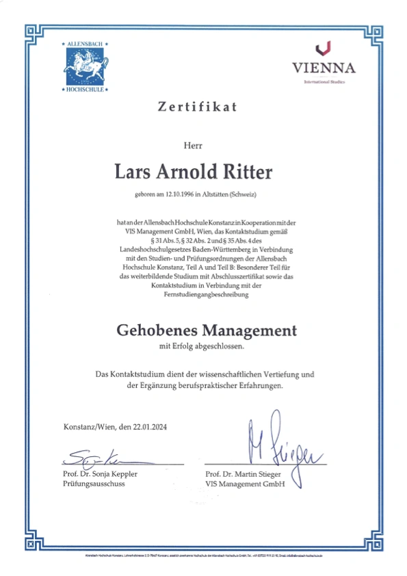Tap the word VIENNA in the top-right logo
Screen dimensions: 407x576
[324, 68]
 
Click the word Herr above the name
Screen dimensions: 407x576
[194, 144]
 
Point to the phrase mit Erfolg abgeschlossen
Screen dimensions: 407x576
[201, 348]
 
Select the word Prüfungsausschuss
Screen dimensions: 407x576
[93, 484]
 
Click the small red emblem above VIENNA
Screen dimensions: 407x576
[324, 48]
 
